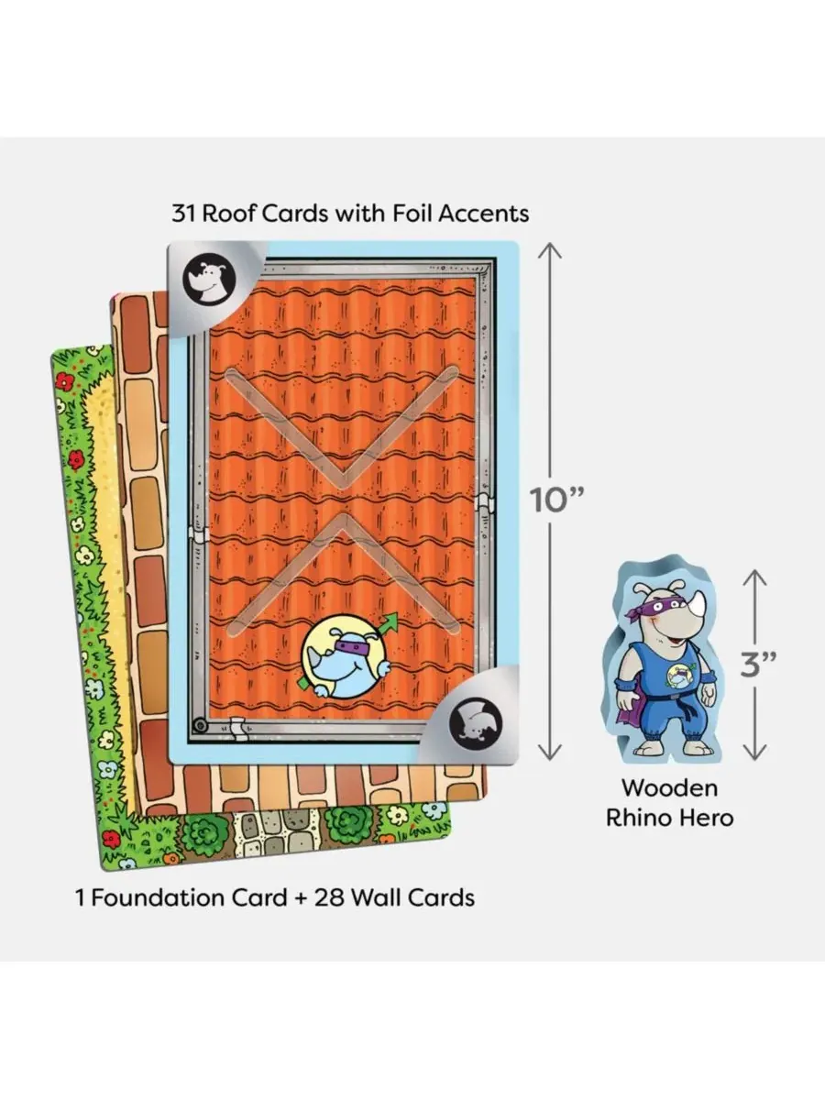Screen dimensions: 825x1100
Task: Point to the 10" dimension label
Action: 557,500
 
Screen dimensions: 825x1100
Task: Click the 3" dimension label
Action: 758,665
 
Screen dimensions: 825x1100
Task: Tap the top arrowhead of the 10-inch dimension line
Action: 550,250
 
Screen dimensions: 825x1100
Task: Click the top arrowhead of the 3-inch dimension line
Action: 754,578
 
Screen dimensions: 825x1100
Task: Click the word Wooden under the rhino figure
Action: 670,788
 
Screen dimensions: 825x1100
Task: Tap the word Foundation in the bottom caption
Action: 159,897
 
